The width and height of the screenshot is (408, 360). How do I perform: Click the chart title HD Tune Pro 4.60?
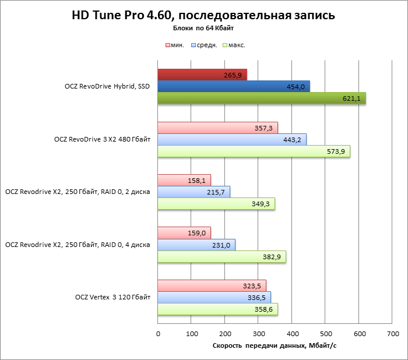(203, 15)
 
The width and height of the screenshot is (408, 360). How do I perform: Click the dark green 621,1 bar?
(261, 98)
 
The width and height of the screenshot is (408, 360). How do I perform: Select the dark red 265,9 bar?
(202, 75)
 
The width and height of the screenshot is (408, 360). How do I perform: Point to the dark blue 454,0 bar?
(233, 87)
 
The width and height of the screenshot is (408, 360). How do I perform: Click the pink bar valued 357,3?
(217, 128)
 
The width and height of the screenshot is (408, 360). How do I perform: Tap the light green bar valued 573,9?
(254, 151)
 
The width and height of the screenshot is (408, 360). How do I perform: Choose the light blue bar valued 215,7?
(194, 192)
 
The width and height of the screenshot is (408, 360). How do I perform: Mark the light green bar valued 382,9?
(221, 257)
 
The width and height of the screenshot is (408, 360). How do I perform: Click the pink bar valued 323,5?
(212, 285)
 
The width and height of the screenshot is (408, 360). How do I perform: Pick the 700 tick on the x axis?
(392, 334)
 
